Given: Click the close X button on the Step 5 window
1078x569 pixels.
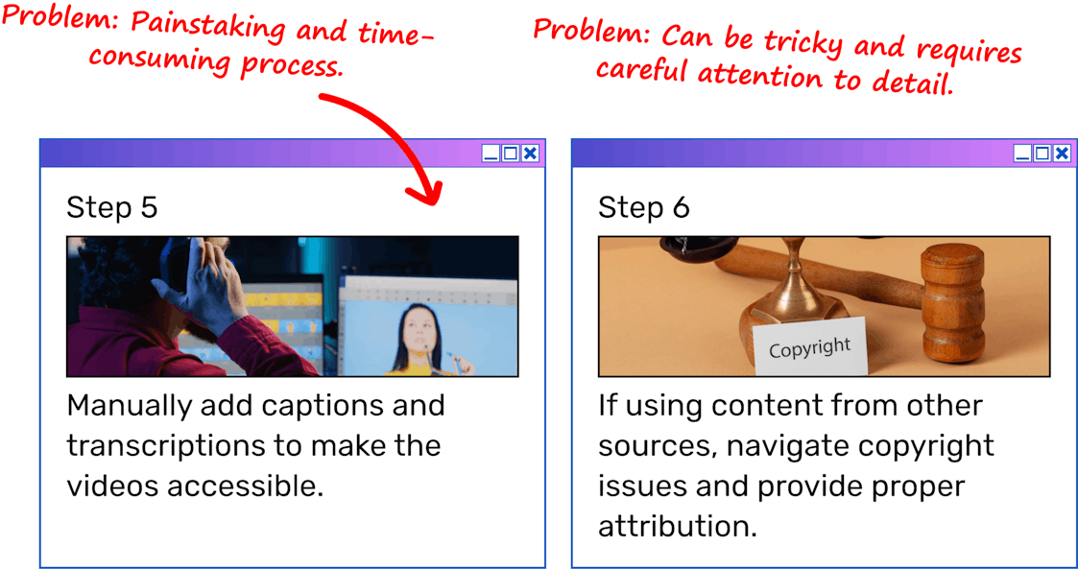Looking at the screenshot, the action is click(529, 154).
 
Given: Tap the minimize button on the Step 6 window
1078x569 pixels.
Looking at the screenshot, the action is click(1023, 154).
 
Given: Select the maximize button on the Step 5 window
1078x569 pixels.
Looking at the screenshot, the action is click(510, 154).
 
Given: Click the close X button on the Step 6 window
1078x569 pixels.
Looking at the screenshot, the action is click(1062, 154).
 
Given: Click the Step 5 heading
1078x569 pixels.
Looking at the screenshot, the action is click(112, 207).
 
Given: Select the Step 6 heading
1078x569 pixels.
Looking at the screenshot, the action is click(643, 207).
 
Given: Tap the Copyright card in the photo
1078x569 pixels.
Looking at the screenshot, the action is click(810, 347).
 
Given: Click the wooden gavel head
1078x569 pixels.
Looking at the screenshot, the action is click(953, 301).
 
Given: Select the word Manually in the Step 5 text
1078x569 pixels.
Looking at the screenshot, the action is click(128, 407).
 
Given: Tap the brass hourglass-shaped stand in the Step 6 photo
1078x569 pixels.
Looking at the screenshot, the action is click(796, 290).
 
